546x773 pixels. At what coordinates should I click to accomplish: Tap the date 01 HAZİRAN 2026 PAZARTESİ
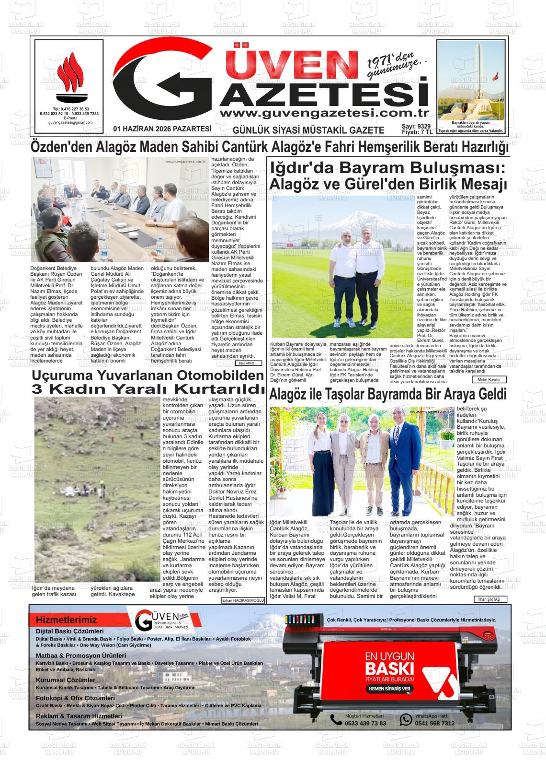click(162, 129)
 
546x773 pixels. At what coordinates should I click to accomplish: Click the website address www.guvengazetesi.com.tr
click(323, 113)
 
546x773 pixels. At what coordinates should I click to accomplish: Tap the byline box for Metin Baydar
click(489, 379)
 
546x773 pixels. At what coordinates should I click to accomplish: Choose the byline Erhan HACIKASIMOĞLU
click(243, 600)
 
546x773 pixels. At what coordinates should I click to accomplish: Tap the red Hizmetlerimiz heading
click(66, 620)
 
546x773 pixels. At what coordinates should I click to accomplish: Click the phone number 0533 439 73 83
click(365, 723)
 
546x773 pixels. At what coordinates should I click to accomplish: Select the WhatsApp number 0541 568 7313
click(434, 723)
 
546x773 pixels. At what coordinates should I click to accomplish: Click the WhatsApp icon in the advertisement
click(406, 719)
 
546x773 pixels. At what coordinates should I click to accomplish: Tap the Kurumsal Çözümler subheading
click(66, 680)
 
